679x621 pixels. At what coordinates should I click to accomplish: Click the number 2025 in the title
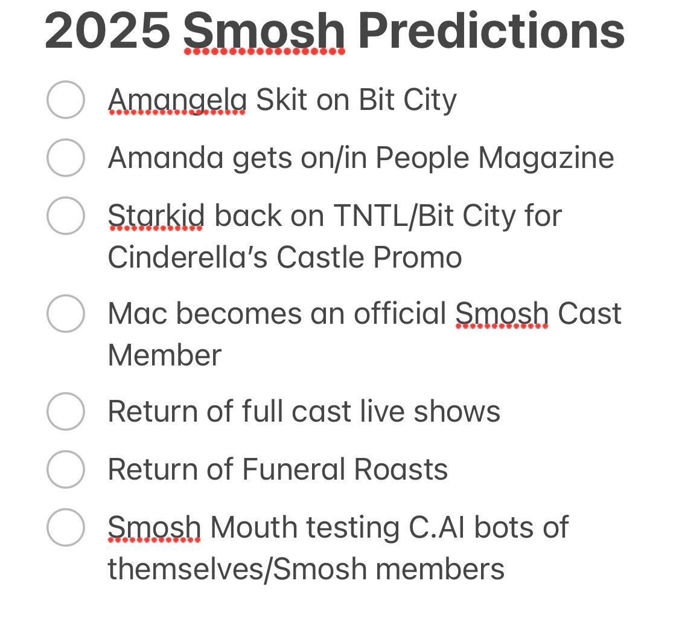coord(107,31)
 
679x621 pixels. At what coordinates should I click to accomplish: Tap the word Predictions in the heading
coord(491,31)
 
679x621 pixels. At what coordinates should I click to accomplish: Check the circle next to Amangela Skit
coord(65,100)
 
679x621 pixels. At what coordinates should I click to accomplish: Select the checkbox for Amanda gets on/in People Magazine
coord(65,158)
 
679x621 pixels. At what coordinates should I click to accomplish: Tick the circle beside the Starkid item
coord(65,216)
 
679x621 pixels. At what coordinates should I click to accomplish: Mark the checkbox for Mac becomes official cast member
coord(65,314)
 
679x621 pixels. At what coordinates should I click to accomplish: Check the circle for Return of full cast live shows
coord(65,411)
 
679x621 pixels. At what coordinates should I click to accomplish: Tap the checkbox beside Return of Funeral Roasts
coord(65,469)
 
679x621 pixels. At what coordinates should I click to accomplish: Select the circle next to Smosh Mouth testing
coord(65,527)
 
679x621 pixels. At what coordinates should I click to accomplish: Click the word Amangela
coord(177,100)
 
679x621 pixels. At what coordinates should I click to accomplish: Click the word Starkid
coord(156,216)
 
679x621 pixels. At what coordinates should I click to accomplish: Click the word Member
coord(164,355)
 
